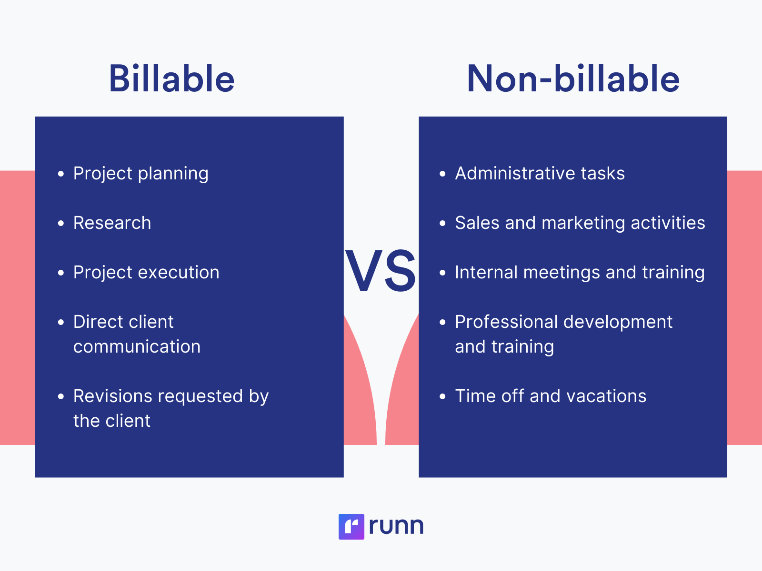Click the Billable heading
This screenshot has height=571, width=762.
pos(171,79)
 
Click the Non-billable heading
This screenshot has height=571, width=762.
pos(573,79)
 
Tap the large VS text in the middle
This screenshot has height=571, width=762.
pos(381,272)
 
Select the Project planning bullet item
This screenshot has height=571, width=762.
pos(140,174)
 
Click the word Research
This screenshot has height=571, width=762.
pos(112,223)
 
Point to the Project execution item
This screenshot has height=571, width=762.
pos(146,273)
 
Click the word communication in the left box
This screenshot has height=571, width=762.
pos(137,347)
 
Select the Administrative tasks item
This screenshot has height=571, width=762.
pos(540,174)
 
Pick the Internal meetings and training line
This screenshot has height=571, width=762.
pos(580,273)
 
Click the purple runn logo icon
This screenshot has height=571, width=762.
pos(351,526)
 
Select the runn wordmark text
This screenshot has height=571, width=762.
pos(396,526)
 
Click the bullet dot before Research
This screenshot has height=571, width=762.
pos(61,223)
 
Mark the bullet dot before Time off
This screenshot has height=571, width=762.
pos(442,396)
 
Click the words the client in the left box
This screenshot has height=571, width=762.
pos(112,421)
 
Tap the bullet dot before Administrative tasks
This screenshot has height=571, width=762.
pos(442,174)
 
